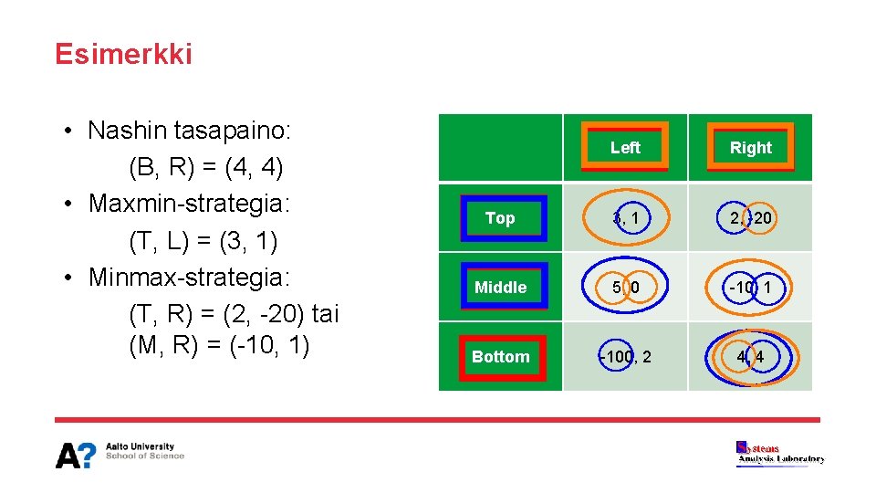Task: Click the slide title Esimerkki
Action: tap(123, 55)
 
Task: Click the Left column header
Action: tap(625, 147)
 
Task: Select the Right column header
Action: tap(750, 148)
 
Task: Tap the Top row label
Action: tap(500, 218)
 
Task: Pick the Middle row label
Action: tap(500, 288)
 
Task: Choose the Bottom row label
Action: tap(500, 357)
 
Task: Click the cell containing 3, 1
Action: tap(625, 218)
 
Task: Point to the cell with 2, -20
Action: tap(750, 218)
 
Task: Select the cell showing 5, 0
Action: tap(625, 288)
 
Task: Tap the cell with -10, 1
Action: tap(750, 288)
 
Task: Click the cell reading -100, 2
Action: tap(625, 357)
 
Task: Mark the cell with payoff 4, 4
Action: tap(750, 357)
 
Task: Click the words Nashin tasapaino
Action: tap(189, 131)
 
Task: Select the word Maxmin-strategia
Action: tap(189, 203)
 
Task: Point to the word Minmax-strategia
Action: tap(189, 277)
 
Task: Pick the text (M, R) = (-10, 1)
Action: tap(219, 347)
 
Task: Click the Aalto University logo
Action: tap(120, 454)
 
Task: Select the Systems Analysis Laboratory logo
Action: tap(780, 454)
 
